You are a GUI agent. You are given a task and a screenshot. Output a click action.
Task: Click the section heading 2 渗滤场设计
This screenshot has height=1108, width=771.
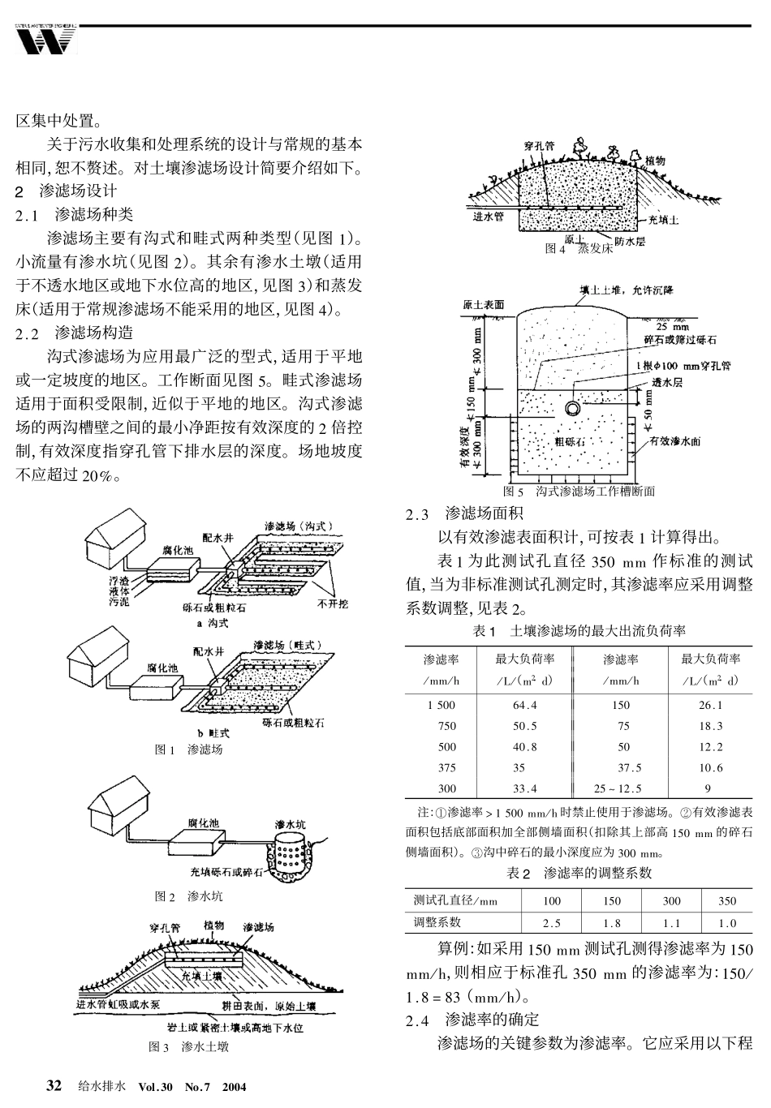point(67,192)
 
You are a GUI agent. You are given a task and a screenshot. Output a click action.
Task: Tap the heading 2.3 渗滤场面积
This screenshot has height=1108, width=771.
point(464,513)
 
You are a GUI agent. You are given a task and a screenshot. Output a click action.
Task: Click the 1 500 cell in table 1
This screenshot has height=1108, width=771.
point(441,705)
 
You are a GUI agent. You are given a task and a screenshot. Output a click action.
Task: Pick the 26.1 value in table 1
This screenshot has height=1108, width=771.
point(710,705)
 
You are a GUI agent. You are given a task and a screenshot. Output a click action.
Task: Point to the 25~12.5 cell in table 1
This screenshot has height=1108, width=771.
point(618,788)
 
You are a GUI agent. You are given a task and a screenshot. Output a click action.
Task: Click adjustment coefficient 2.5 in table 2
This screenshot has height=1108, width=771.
point(551,923)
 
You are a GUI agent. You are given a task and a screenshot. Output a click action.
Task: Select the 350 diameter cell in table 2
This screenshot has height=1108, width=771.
point(727,901)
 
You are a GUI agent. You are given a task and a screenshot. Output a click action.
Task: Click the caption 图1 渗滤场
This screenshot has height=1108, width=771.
point(188,749)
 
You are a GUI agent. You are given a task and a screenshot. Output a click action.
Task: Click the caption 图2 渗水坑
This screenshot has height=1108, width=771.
point(188,896)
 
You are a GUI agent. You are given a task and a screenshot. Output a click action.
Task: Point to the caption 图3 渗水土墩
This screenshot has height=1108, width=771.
point(188,1047)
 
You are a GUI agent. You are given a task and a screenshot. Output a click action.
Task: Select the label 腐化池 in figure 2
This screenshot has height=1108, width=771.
point(203,823)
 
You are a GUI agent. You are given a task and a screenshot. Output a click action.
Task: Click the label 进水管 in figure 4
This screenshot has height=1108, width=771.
point(489,217)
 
